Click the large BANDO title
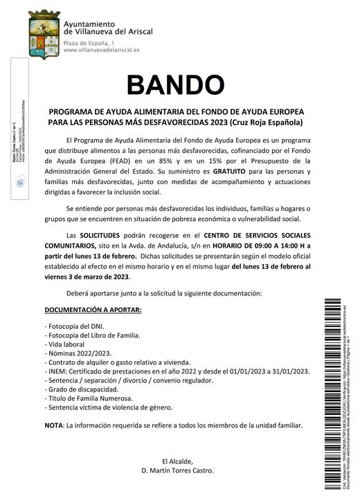pos(176,85)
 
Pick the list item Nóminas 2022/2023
pos(74,353)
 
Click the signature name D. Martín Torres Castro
pos(177,470)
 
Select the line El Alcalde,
pos(177,461)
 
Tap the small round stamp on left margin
pos(20,182)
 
